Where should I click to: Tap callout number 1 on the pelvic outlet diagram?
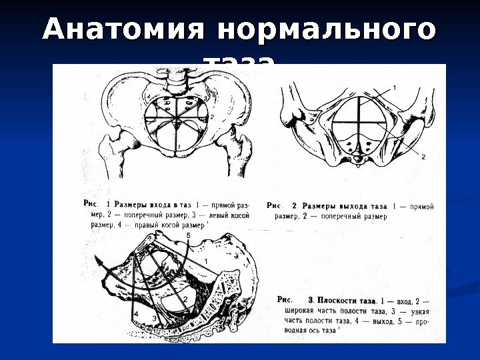[x=393, y=87]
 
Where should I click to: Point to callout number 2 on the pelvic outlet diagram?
[x=423, y=157]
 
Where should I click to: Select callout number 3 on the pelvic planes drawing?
[x=154, y=319]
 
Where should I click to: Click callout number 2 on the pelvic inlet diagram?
[x=211, y=117]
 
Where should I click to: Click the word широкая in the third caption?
[x=299, y=311]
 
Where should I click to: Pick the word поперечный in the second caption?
[x=341, y=216]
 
